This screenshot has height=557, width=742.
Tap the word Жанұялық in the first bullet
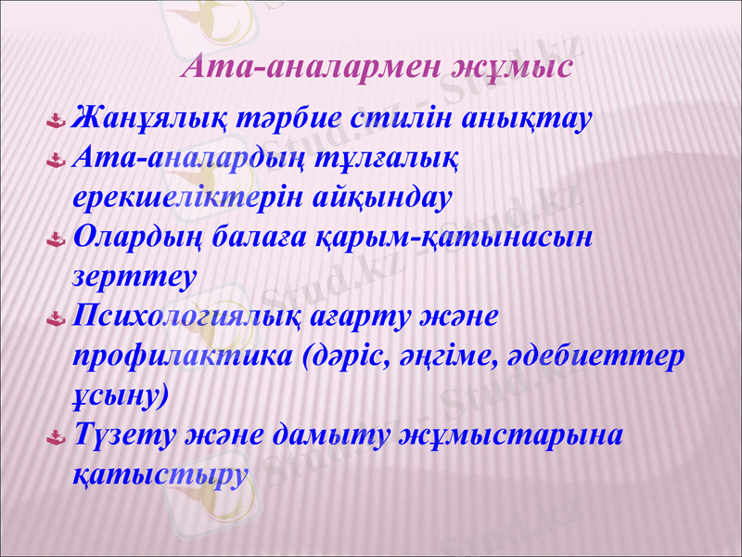click(136, 120)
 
